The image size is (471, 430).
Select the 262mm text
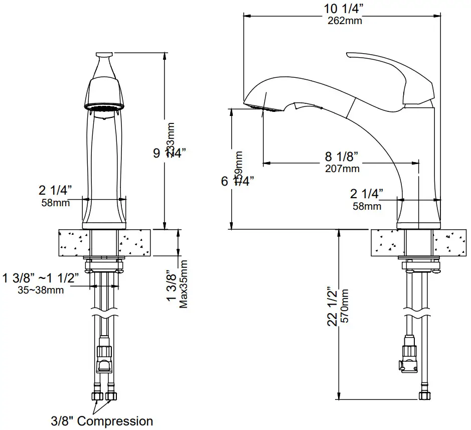pos(344,21)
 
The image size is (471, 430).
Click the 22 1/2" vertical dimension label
pos(331,308)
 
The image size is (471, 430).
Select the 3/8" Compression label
pos(101,420)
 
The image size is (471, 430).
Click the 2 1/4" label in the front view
pos(55,190)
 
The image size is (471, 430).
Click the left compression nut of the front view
pos(97,397)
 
